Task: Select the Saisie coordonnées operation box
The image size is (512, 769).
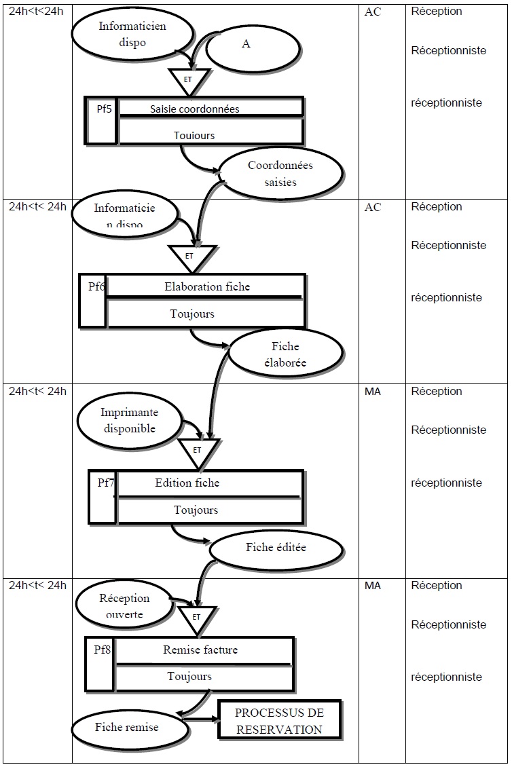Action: click(x=211, y=109)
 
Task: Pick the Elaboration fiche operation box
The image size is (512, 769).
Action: click(x=206, y=286)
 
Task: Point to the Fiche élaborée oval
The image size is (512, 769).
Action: click(x=285, y=354)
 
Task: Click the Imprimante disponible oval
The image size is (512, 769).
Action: click(x=129, y=420)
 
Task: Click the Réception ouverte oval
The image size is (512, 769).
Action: click(x=124, y=606)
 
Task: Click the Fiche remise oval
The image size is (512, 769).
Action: click(x=126, y=727)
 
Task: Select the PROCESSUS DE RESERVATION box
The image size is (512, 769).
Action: click(x=279, y=721)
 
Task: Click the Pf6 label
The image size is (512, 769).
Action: click(x=96, y=286)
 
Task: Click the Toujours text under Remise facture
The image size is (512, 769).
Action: click(x=189, y=676)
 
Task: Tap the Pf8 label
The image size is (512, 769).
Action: click(x=103, y=650)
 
